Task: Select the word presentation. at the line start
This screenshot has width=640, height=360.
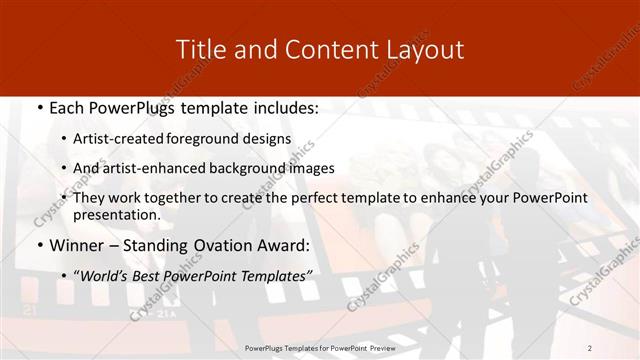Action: (116, 214)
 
